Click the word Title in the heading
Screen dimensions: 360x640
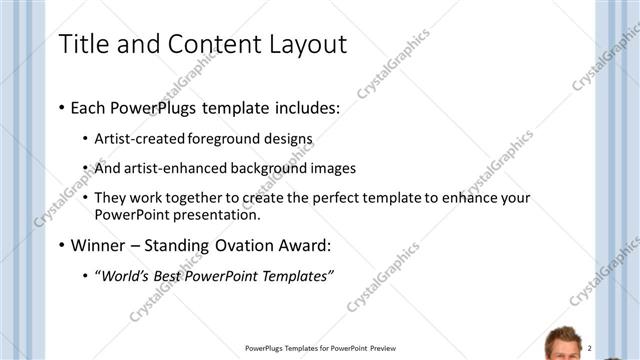tap(84, 44)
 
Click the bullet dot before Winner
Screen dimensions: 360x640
tap(63, 246)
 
